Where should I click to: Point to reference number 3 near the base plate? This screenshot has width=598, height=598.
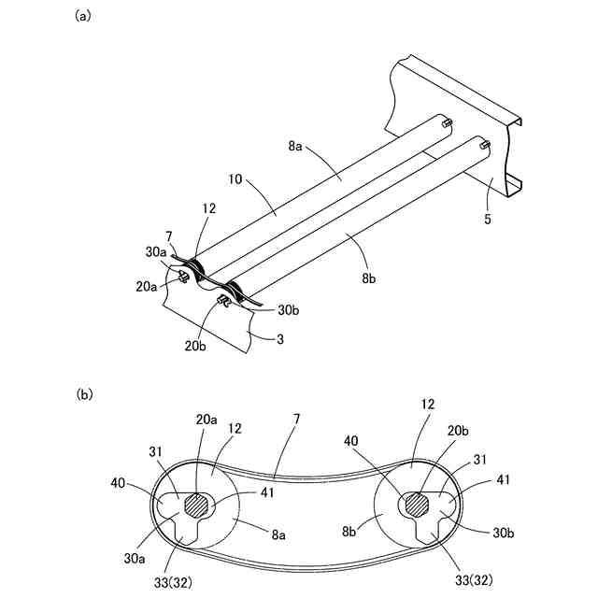point(278,339)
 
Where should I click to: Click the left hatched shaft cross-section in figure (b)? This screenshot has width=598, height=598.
point(196,505)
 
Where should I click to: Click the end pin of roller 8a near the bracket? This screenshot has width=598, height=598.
point(448,121)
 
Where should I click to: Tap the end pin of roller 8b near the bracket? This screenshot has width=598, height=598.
point(483,144)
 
